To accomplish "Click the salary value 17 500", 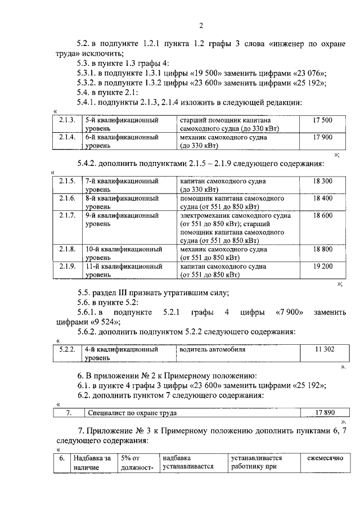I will tap(322, 120).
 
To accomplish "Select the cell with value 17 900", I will tap(322, 137).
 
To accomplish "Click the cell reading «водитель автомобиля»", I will tap(213, 349).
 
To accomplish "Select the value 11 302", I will tap(325, 349).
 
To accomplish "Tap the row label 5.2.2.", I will tap(67, 349).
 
